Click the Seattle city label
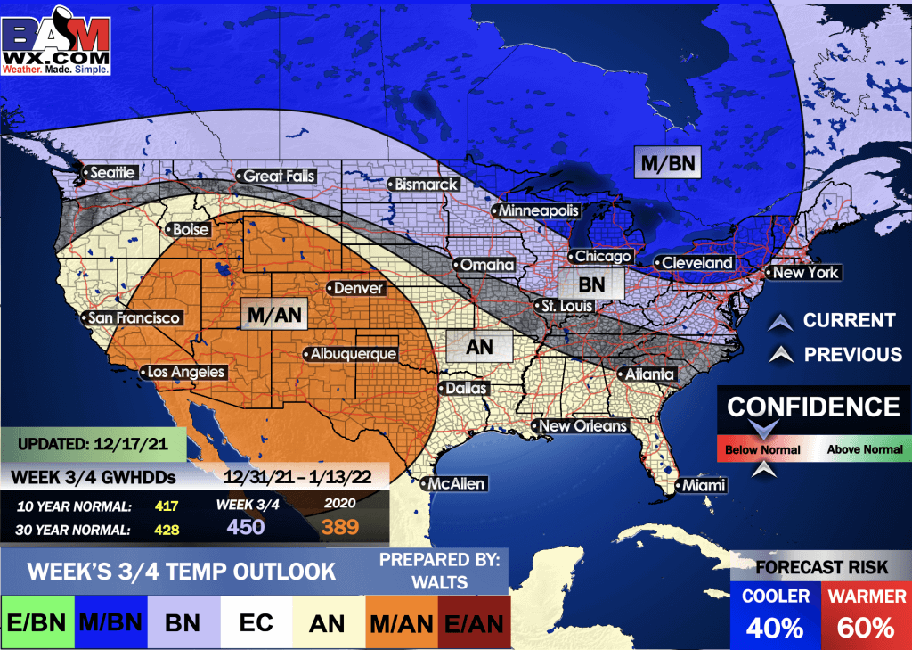[x=113, y=172]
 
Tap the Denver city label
[x=359, y=289]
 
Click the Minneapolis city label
[x=538, y=211]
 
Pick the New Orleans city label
[x=582, y=426]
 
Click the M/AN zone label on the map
[x=274, y=313]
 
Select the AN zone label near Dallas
[x=479, y=347]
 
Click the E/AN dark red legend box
[x=472, y=622]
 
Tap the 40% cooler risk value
[x=775, y=628]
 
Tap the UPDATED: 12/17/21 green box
[x=93, y=442]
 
